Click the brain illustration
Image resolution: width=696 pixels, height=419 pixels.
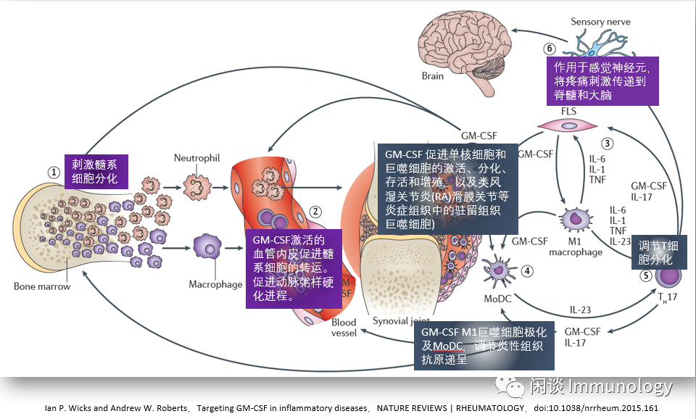coord(458,44)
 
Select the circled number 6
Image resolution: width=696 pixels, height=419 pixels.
coord(550,49)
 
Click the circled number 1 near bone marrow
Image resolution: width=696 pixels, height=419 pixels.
coord(53,173)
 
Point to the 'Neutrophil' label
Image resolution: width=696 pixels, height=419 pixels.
coord(196,157)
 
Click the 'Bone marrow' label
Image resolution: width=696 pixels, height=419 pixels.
coord(42,286)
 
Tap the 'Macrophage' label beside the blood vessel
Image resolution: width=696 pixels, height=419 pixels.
coord(215,284)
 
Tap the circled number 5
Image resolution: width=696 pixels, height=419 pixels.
coord(645,275)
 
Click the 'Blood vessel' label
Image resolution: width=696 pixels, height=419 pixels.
coord(344,328)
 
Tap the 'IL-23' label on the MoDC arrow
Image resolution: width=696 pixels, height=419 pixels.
coord(581,310)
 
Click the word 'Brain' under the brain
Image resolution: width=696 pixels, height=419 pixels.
coord(433,75)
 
